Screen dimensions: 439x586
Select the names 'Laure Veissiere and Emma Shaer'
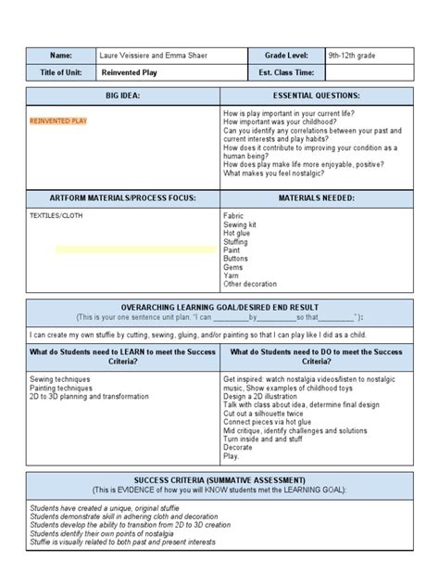[152, 56]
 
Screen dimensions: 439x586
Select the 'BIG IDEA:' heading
[123, 96]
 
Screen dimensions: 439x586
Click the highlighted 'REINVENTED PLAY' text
[58, 121]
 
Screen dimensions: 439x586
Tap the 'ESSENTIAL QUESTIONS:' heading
[316, 96]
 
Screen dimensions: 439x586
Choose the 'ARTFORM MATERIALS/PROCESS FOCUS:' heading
[123, 197]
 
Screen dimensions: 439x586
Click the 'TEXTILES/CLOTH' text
[56, 215]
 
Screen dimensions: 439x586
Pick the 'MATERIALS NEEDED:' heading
[316, 197]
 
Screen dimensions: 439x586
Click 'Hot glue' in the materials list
[238, 232]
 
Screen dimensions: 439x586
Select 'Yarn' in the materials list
[232, 275]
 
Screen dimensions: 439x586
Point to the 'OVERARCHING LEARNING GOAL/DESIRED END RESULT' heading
[219, 307]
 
